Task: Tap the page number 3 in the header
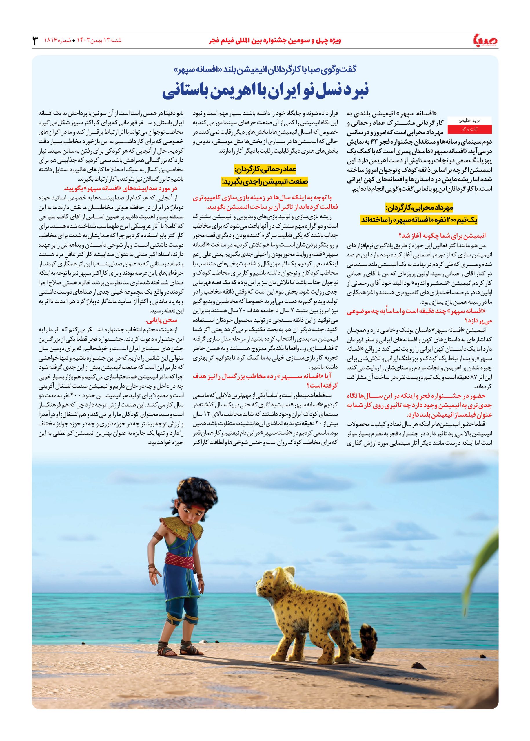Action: pyautogui.click(x=35, y=41)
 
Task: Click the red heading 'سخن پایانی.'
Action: pyautogui.click(x=159, y=320)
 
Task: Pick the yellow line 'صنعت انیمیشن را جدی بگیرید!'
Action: pyautogui.click(x=265, y=181)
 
